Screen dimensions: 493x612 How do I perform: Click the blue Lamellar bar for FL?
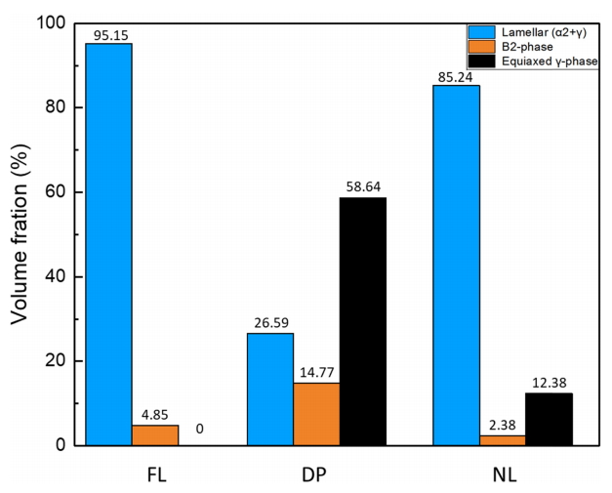[x=108, y=244]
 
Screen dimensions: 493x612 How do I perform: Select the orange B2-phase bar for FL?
[x=155, y=435]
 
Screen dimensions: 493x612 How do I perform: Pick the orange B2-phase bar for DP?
[x=316, y=414]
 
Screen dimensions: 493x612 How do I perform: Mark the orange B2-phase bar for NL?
[x=502, y=440]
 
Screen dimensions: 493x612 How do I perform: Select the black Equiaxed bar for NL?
[x=549, y=419]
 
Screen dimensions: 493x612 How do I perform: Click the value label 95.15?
[x=109, y=35]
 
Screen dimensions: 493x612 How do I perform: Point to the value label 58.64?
[x=363, y=188]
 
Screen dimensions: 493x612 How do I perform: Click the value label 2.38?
[x=502, y=427]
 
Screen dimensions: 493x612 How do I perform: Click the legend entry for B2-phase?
[x=527, y=47]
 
